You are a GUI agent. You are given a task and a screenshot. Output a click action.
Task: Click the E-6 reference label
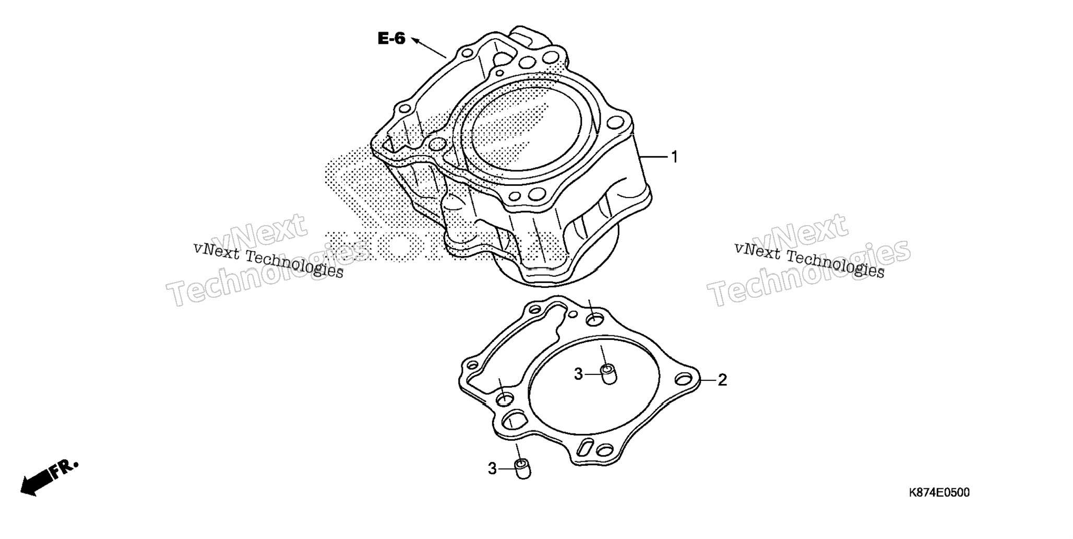[x=391, y=39]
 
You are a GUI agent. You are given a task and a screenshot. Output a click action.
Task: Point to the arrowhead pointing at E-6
[x=416, y=40]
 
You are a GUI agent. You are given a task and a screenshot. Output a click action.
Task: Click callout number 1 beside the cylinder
[x=674, y=157]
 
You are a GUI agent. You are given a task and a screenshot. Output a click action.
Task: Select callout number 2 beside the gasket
[x=722, y=380]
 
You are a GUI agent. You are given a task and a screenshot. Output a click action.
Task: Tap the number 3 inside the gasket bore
[x=578, y=374]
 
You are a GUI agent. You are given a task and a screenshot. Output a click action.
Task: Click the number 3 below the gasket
[x=492, y=469]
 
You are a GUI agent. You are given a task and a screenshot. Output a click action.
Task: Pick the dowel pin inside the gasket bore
[x=608, y=375]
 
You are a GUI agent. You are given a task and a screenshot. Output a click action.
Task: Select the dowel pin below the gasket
[x=522, y=469]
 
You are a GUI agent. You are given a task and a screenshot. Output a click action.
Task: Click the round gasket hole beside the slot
[x=605, y=450]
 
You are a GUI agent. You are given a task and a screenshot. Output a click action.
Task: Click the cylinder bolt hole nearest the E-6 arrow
[x=467, y=52]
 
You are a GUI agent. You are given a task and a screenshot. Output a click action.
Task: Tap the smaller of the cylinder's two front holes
[x=515, y=197]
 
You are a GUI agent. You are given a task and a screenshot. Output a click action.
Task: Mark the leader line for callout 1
[x=653, y=157]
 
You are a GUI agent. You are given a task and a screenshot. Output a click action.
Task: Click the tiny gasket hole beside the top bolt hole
[x=574, y=314]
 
